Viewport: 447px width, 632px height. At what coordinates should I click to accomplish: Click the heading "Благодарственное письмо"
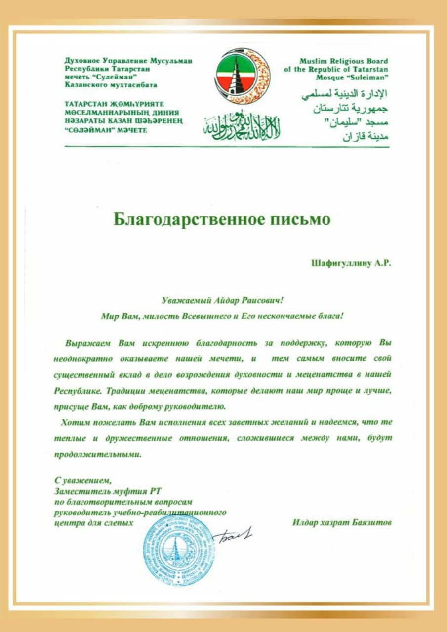pos(222,218)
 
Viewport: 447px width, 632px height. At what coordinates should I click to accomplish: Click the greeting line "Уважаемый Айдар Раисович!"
pos(225,300)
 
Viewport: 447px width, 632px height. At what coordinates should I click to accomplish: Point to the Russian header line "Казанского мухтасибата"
pos(111,85)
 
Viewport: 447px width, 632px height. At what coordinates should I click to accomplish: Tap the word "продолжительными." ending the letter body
pos(98,455)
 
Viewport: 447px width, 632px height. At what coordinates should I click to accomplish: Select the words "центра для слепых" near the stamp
pos(94,522)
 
